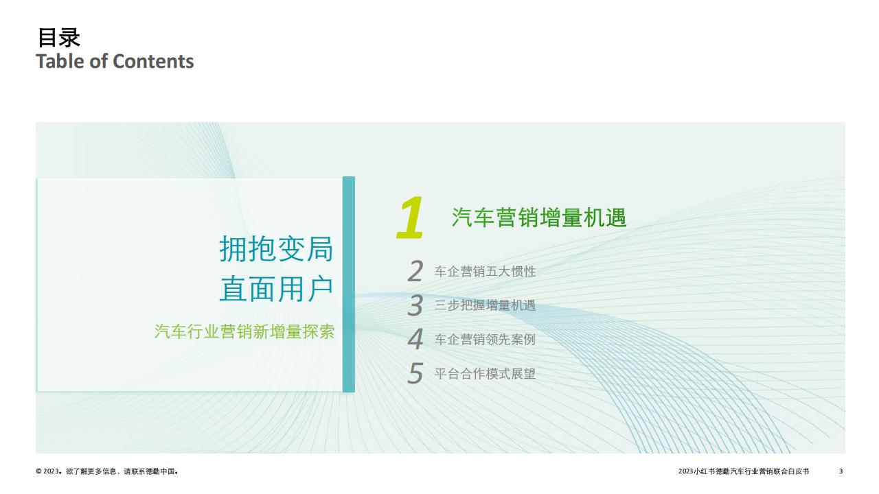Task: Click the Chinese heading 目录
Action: tap(58, 38)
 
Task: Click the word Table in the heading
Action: tap(61, 62)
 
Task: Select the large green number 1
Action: tap(410, 217)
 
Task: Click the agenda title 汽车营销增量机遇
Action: tap(539, 217)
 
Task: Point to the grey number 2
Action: tap(415, 271)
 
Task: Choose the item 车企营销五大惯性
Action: tap(485, 271)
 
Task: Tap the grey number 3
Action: tap(415, 305)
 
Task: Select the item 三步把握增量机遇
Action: tap(485, 305)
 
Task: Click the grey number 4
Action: tap(415, 339)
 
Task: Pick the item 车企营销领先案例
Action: tap(485, 339)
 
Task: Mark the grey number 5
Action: tap(415, 373)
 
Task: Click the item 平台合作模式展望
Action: tap(485, 374)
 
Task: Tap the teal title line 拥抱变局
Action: tap(276, 249)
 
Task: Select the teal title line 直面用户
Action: tap(276, 289)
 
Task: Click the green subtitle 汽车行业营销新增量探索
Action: tap(244, 331)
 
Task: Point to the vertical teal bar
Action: tap(348, 284)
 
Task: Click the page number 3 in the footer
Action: tap(841, 471)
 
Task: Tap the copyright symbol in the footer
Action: tap(38, 471)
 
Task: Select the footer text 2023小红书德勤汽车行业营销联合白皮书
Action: tap(744, 471)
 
